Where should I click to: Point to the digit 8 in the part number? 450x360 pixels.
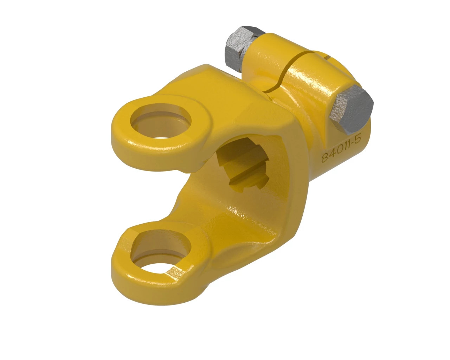pyautogui.click(x=324, y=158)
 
